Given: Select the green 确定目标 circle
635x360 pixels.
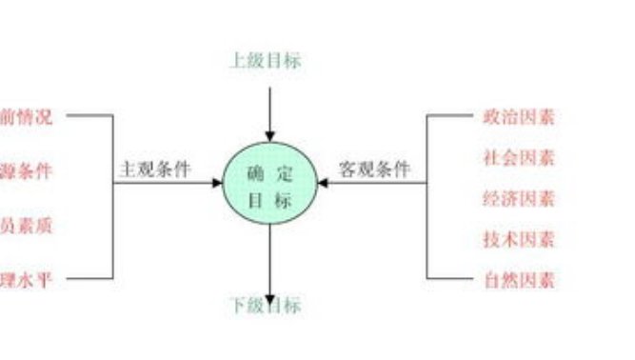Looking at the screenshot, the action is (269, 186).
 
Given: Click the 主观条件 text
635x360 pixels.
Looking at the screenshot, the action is (154, 170).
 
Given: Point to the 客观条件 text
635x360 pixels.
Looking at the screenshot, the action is (375, 170).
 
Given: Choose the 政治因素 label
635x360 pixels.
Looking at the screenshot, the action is (519, 117).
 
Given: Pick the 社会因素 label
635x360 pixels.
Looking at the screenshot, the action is (519, 158).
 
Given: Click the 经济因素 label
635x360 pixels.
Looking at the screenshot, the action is (519, 199).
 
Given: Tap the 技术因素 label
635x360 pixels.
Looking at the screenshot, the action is (519, 239).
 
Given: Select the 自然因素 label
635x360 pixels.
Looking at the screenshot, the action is (519, 280).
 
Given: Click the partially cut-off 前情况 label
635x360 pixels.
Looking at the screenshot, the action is (26, 117).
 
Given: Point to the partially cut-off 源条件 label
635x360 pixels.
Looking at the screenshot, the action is (26, 171).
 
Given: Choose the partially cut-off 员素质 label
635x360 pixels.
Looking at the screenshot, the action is (26, 226).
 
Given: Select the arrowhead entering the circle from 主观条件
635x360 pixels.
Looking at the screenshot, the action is (217, 185).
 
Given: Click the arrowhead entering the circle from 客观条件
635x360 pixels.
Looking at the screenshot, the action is (324, 185).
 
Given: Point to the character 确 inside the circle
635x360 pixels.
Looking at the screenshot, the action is (254, 174).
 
